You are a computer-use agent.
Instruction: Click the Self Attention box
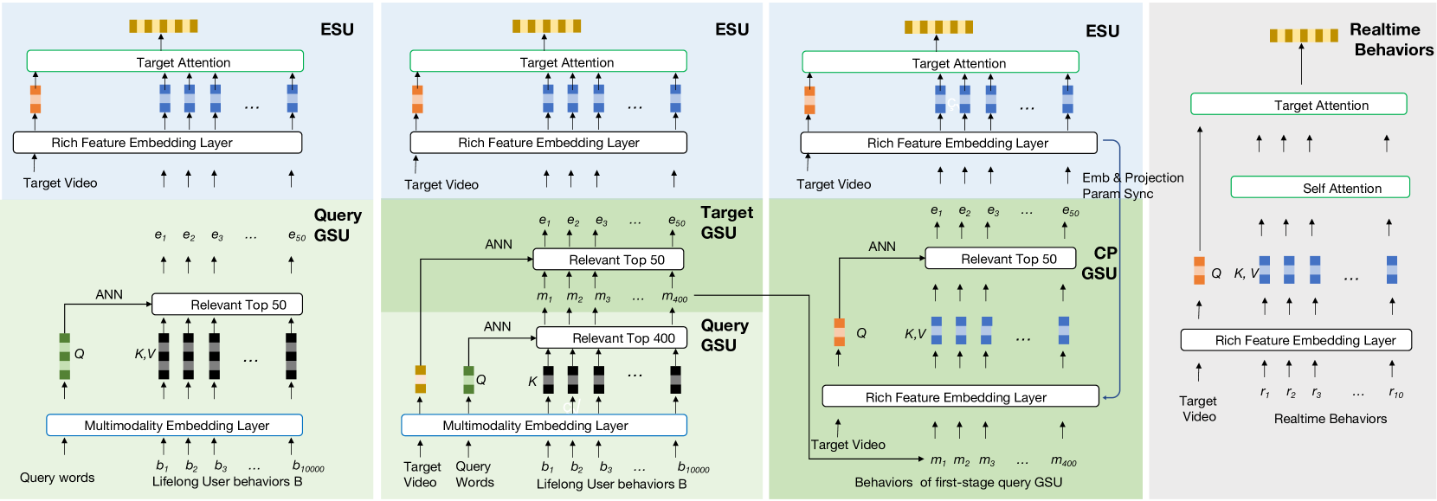coord(1320,188)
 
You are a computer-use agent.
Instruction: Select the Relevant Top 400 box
coord(611,337)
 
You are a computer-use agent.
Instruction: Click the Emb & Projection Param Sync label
coord(1132,185)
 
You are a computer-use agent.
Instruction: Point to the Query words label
coord(57,478)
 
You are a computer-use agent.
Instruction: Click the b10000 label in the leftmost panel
coord(307,466)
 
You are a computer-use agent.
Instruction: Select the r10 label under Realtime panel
coord(1395,393)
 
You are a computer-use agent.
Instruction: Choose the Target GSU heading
coord(726,222)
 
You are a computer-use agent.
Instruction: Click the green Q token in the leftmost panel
coord(65,356)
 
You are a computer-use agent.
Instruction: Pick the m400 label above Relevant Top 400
coord(674,297)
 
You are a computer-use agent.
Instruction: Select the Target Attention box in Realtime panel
coord(1298,105)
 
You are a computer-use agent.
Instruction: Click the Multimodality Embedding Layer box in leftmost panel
coord(174,425)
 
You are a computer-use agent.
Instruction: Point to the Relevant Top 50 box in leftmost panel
coord(227,304)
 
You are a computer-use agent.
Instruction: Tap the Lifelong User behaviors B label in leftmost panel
coord(227,482)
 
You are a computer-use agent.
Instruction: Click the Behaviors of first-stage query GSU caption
coord(957,483)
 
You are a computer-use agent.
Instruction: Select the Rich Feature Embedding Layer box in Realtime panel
coord(1296,340)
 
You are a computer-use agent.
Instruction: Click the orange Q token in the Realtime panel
coord(1199,270)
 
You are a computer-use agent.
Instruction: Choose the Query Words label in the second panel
coord(474,474)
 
